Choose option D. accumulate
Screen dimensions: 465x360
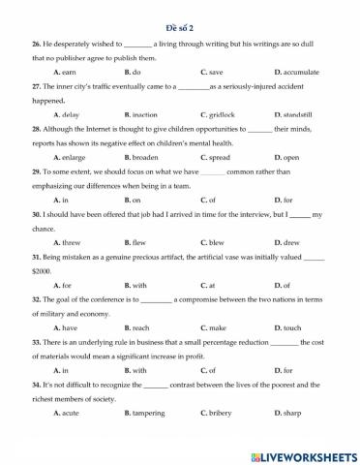point(296,73)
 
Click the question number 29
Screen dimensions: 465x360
point(36,171)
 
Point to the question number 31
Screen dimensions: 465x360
point(36,257)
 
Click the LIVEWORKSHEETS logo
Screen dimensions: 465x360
point(303,453)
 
